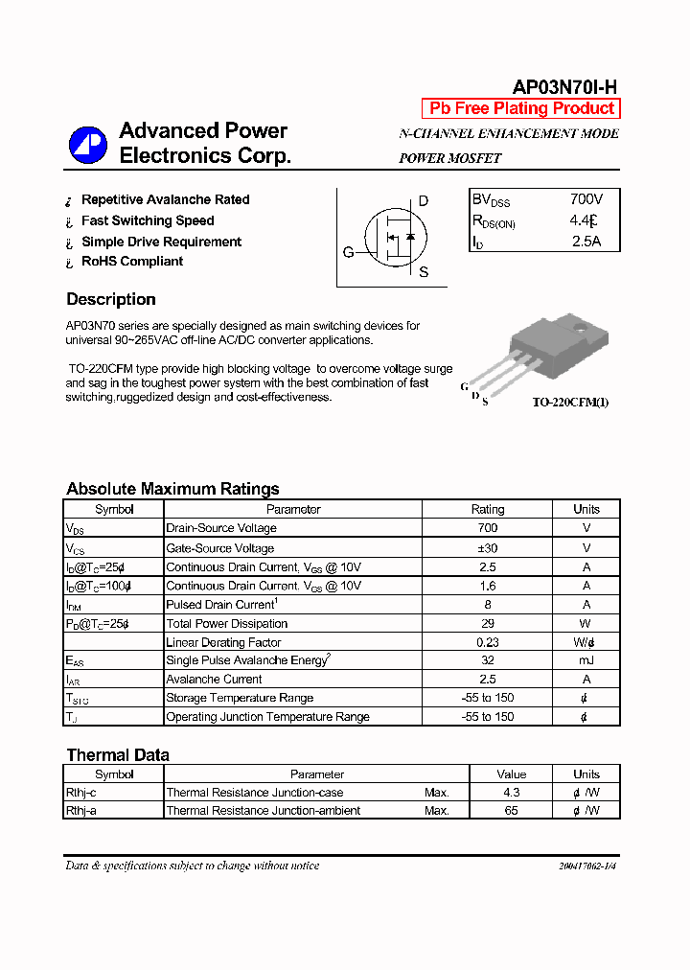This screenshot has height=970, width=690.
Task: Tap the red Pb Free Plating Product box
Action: point(521,108)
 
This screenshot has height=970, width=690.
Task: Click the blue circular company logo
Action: point(88,145)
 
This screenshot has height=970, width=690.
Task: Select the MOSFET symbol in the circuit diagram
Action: point(394,236)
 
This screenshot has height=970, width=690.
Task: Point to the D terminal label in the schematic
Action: point(423,201)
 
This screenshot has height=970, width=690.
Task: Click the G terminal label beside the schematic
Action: point(349,253)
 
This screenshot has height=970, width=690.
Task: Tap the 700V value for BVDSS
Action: point(586,199)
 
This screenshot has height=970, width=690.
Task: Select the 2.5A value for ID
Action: point(586,242)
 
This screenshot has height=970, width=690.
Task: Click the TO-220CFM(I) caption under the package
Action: point(570,403)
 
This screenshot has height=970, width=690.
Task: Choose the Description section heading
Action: point(111,299)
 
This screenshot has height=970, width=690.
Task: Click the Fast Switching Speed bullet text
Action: point(148,220)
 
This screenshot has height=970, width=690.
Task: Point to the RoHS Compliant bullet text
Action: point(132,261)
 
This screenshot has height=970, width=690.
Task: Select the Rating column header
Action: point(487,509)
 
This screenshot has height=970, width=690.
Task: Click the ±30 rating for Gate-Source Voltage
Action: point(487,548)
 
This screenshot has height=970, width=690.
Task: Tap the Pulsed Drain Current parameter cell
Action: point(221,605)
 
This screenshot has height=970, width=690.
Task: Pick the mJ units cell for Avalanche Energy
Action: point(586,660)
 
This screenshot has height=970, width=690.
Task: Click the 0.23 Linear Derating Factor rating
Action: point(487,642)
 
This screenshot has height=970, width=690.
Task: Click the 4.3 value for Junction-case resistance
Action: point(511,793)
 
